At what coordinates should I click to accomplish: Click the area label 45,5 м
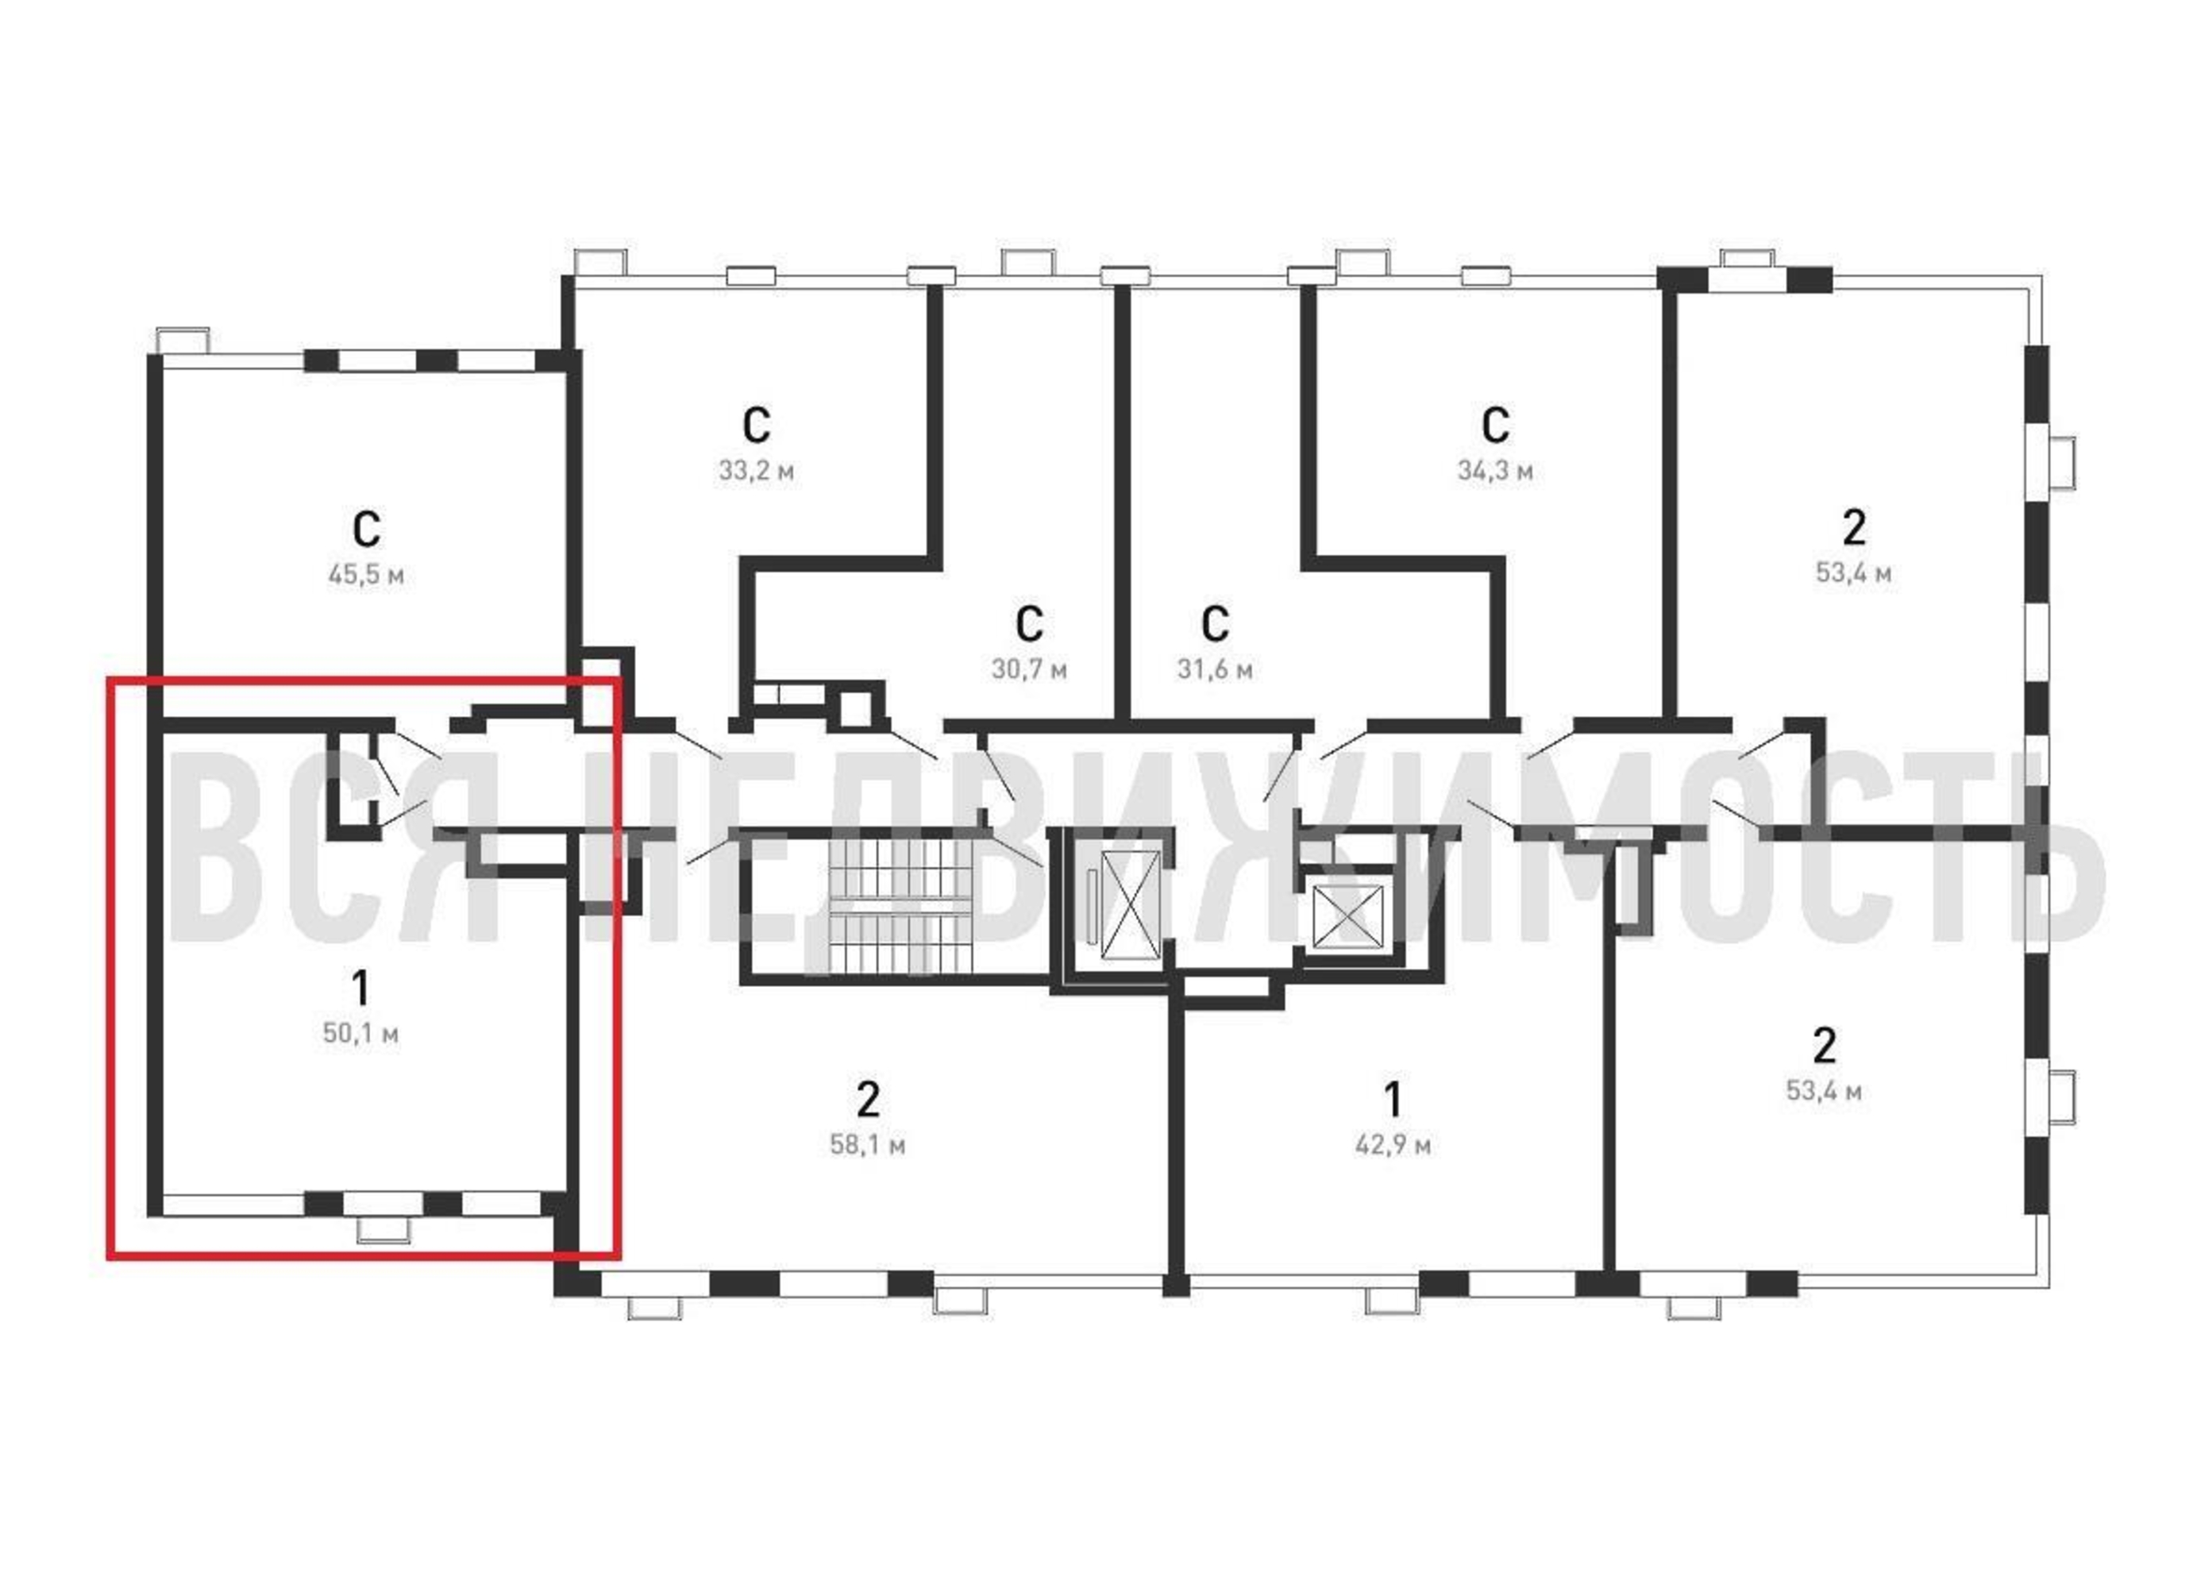click(366, 576)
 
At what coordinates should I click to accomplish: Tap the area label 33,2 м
click(757, 472)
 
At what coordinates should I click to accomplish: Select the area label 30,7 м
click(1029, 669)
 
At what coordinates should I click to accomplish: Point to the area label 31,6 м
click(1215, 669)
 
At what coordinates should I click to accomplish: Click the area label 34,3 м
click(1494, 472)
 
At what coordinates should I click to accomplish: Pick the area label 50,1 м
click(360, 1034)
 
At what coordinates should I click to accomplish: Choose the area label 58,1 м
click(867, 1145)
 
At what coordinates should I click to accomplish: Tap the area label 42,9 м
click(1392, 1145)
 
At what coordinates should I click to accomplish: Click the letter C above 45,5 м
click(366, 529)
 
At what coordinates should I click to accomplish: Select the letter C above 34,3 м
click(1494, 424)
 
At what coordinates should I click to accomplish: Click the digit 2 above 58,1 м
click(868, 1100)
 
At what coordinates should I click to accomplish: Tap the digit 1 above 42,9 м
click(1393, 1100)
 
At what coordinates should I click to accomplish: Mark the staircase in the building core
click(899, 906)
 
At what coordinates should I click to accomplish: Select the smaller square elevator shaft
click(1347, 915)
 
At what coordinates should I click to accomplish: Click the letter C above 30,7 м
click(1029, 624)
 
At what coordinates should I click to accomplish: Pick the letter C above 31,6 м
click(1215, 624)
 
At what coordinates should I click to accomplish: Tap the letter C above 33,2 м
click(757, 424)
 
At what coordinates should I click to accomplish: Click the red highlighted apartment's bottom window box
click(384, 1230)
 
